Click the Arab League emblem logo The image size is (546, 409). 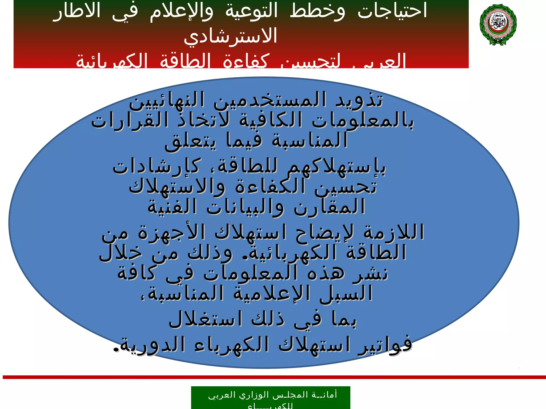[x=498, y=24]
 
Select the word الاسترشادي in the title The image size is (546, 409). [x=231, y=36]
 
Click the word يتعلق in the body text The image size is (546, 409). [x=190, y=141]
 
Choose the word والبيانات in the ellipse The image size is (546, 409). [x=245, y=207]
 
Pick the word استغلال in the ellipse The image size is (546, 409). [x=206, y=319]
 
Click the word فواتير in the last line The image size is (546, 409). [x=385, y=345]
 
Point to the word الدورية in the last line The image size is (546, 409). [x=149, y=345]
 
